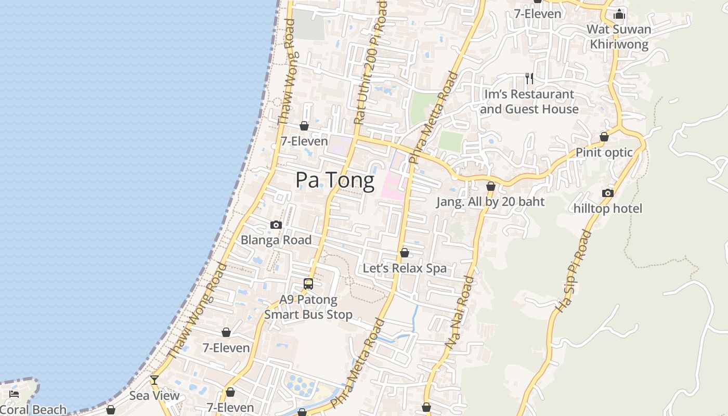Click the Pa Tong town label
(x=335, y=180)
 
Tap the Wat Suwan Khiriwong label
(x=619, y=36)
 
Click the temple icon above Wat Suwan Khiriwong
(x=619, y=14)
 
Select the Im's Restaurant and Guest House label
(x=529, y=101)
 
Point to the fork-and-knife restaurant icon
(x=529, y=79)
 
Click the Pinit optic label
(x=604, y=152)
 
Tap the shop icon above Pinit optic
(x=604, y=137)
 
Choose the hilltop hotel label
(x=608, y=209)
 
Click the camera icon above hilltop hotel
(x=607, y=193)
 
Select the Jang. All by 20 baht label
(x=490, y=202)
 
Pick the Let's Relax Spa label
(x=405, y=268)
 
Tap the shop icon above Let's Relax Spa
(x=405, y=253)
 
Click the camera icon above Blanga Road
(x=276, y=225)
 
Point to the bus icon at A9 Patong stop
(x=308, y=284)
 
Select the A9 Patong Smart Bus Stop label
(x=308, y=307)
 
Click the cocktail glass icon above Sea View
(x=154, y=380)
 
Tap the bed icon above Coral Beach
(x=14, y=394)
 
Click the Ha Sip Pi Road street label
(x=574, y=271)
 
